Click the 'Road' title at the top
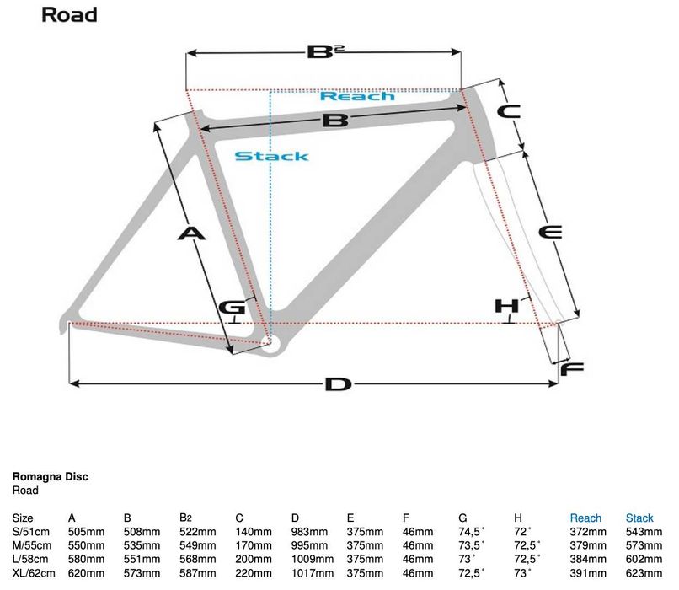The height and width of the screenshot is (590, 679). [x=69, y=14]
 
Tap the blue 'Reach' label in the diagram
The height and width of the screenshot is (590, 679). [x=357, y=96]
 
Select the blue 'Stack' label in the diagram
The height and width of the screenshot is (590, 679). [x=271, y=156]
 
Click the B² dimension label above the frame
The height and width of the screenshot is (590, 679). [x=324, y=52]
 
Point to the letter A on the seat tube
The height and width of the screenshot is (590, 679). [x=192, y=233]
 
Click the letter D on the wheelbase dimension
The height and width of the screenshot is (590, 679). [x=337, y=384]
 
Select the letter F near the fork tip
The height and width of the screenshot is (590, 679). [x=572, y=368]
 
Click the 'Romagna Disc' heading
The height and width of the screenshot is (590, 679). [x=51, y=477]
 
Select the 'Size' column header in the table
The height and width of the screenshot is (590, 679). [x=23, y=518]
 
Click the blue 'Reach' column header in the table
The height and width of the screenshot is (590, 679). [x=585, y=518]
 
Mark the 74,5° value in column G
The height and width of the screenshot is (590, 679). [x=473, y=532]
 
